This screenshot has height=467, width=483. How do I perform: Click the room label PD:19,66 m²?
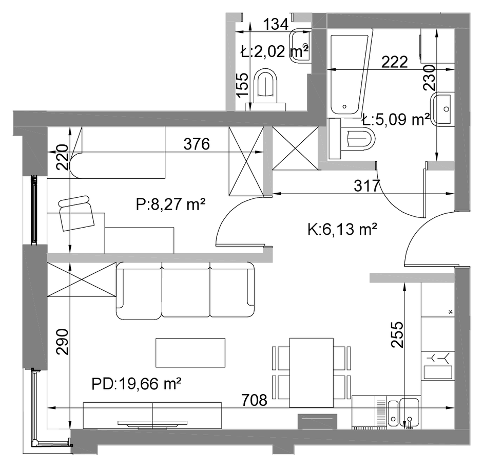(x=136, y=384)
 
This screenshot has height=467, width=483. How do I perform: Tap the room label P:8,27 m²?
(x=170, y=204)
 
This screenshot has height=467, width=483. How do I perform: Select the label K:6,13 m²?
(x=342, y=229)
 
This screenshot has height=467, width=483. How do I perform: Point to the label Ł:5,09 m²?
(x=396, y=119)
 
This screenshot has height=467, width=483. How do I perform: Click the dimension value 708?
(x=254, y=400)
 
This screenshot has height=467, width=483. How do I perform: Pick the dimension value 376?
(x=197, y=144)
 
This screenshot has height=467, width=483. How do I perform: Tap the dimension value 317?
(x=367, y=185)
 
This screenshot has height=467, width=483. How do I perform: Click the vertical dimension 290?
(x=63, y=342)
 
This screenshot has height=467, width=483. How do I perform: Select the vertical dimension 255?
(x=397, y=334)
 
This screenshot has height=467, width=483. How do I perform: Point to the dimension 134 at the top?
(x=276, y=24)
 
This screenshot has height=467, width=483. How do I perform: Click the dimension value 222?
(x=395, y=62)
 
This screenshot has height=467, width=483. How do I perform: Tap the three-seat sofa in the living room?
(x=185, y=291)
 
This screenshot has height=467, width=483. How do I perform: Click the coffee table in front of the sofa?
(x=190, y=352)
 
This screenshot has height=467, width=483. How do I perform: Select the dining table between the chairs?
(x=312, y=372)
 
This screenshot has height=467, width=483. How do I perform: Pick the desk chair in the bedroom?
(x=76, y=213)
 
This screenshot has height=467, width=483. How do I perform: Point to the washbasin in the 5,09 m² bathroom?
(x=442, y=109)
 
